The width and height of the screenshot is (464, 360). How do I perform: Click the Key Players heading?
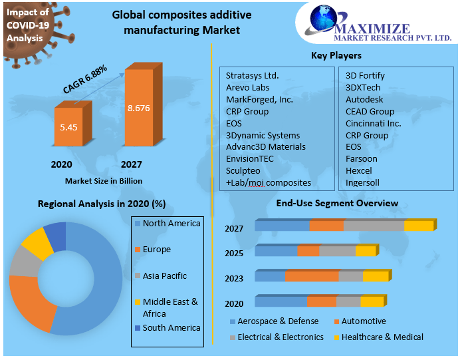point(336,56)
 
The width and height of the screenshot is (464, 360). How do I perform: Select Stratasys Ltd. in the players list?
point(252,75)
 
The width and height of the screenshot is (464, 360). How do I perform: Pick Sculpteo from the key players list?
point(245,170)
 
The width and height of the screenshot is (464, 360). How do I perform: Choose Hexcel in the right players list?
point(359,170)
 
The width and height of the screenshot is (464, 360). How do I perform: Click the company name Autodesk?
point(364,99)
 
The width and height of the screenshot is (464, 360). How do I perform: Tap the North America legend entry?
point(170,224)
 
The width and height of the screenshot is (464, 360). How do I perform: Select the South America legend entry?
point(170,328)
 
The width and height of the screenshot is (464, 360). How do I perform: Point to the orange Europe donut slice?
point(30,301)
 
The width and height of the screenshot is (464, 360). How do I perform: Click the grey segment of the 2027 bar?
point(374,226)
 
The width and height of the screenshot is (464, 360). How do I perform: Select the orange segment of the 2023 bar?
point(312,276)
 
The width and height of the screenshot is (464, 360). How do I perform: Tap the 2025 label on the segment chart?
point(234,254)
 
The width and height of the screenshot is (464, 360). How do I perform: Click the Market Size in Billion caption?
point(103,180)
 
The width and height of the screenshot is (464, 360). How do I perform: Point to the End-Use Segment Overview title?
point(337,203)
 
